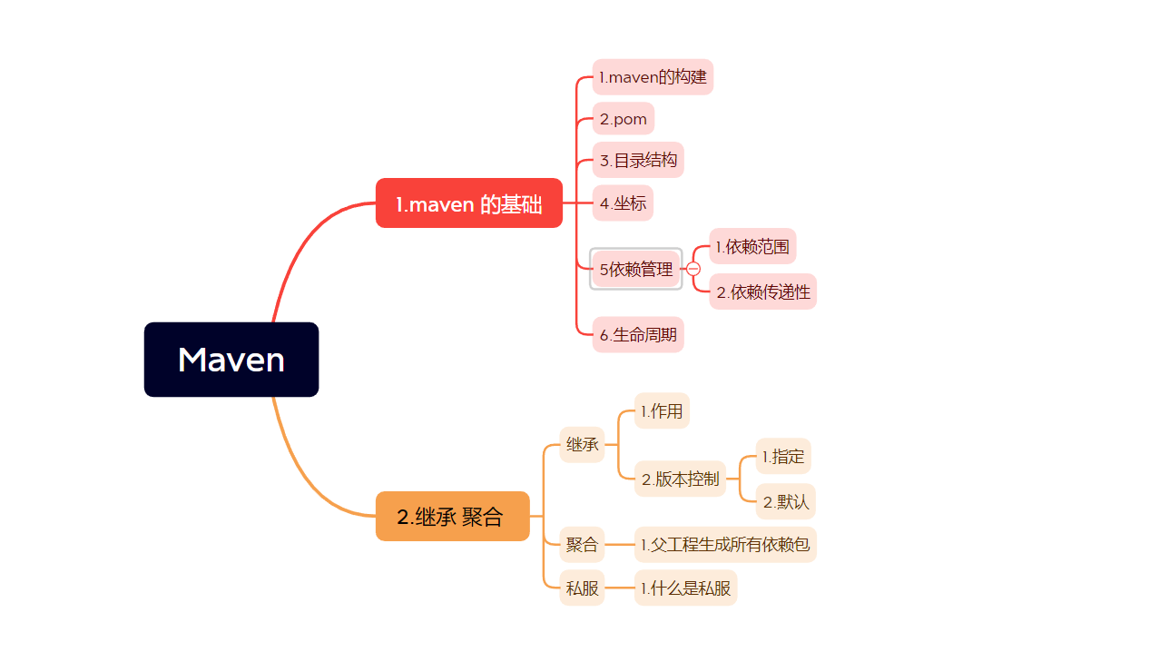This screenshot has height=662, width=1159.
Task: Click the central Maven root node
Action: coord(231,360)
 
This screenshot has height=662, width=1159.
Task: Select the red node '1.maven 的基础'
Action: coord(469,203)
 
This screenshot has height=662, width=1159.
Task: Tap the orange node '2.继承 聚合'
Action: coord(452,517)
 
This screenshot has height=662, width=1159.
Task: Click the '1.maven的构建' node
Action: coord(653,77)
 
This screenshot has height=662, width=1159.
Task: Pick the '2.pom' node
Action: coord(623,119)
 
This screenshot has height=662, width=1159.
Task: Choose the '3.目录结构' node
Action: coord(638,161)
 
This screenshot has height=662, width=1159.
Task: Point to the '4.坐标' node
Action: coord(623,203)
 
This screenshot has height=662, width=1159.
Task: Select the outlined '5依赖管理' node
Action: coord(635,269)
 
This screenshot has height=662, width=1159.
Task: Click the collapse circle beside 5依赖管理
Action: coord(693,269)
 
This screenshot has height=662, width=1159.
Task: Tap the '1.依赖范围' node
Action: coord(752,246)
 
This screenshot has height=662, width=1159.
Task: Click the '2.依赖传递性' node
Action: coord(762,291)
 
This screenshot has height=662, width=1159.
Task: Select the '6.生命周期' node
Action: coord(638,335)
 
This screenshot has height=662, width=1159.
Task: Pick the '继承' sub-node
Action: coord(582,445)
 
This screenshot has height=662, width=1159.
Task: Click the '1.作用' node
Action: coord(662,411)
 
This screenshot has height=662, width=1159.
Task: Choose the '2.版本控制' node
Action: coord(680,479)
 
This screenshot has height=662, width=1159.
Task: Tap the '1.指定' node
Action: coord(783,457)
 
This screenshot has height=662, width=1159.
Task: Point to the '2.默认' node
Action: coord(785,501)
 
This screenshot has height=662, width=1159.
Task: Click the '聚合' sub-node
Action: coord(582,545)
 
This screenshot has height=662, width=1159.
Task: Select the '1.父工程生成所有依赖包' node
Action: coord(725,545)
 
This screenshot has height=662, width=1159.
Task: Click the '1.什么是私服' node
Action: coord(685,588)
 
